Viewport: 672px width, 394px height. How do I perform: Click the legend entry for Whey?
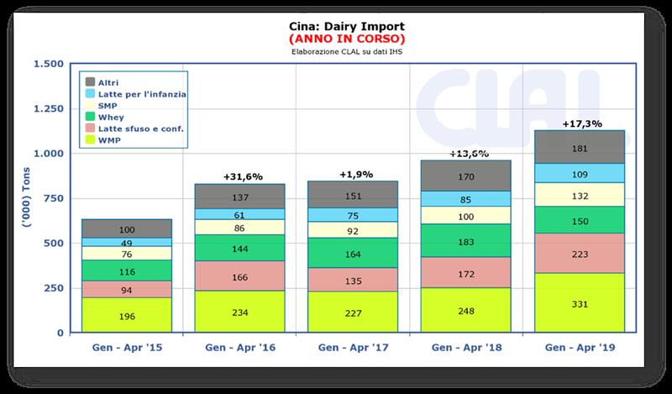point(114,118)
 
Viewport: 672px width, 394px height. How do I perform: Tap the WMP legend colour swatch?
point(90,140)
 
